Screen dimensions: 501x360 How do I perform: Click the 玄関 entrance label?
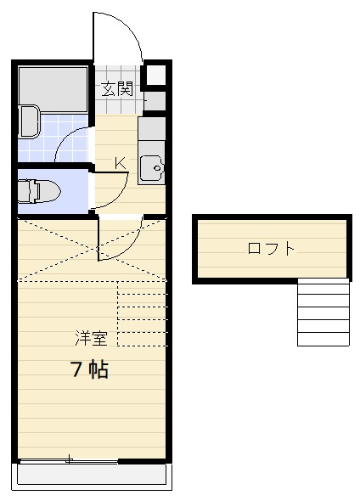(x=118, y=87)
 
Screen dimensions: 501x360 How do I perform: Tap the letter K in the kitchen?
(x=120, y=163)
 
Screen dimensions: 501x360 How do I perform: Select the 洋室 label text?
(x=91, y=338)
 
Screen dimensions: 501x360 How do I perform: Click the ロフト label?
(x=272, y=249)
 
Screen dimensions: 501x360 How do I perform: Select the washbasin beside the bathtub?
(x=28, y=121)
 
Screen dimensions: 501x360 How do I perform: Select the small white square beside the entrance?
(x=157, y=75)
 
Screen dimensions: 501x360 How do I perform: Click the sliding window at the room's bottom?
(x=68, y=461)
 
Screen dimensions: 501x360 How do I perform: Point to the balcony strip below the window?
(x=93, y=476)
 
